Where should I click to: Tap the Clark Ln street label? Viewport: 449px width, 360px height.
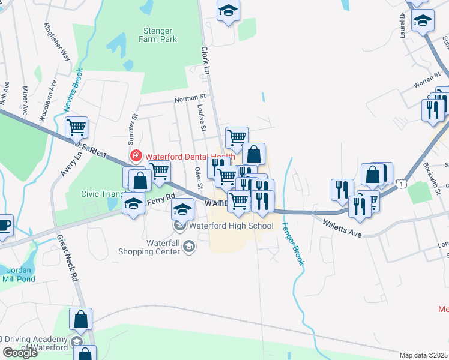coord(208,60)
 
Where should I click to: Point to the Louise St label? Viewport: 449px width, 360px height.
coord(202,118)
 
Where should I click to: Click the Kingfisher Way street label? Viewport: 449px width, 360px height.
coord(58,41)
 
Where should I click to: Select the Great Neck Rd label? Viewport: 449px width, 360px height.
coord(67,258)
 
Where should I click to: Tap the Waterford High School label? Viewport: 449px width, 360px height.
coord(231,226)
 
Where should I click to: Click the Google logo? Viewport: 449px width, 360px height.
coord(19,353)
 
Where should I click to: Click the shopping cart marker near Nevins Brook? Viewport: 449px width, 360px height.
coord(77,127)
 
